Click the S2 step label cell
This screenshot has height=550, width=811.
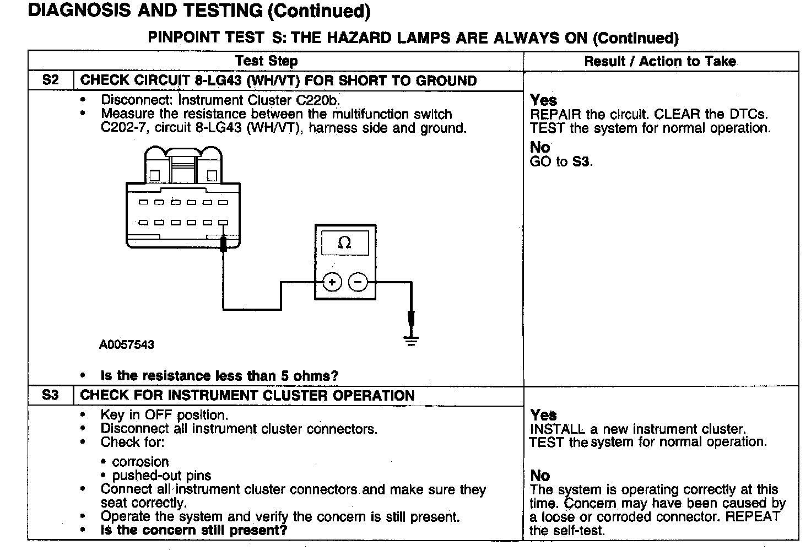[50, 80]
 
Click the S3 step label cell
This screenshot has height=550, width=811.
[50, 395]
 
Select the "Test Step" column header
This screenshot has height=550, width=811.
[266, 61]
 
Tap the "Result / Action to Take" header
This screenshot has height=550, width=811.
[660, 61]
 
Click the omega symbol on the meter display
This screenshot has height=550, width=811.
[345, 242]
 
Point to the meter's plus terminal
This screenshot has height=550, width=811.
[332, 282]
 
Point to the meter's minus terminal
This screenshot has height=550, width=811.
[358, 282]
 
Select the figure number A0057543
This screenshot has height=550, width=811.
[127, 345]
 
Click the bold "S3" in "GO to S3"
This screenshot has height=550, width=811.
[582, 161]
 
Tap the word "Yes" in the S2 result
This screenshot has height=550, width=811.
[543, 100]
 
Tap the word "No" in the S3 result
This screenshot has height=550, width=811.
[540, 475]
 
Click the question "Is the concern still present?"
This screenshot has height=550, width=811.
[194, 530]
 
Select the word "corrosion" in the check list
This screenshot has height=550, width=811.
[140, 462]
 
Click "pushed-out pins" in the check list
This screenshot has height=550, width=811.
[161, 475]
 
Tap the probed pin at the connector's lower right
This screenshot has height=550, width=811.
[223, 223]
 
